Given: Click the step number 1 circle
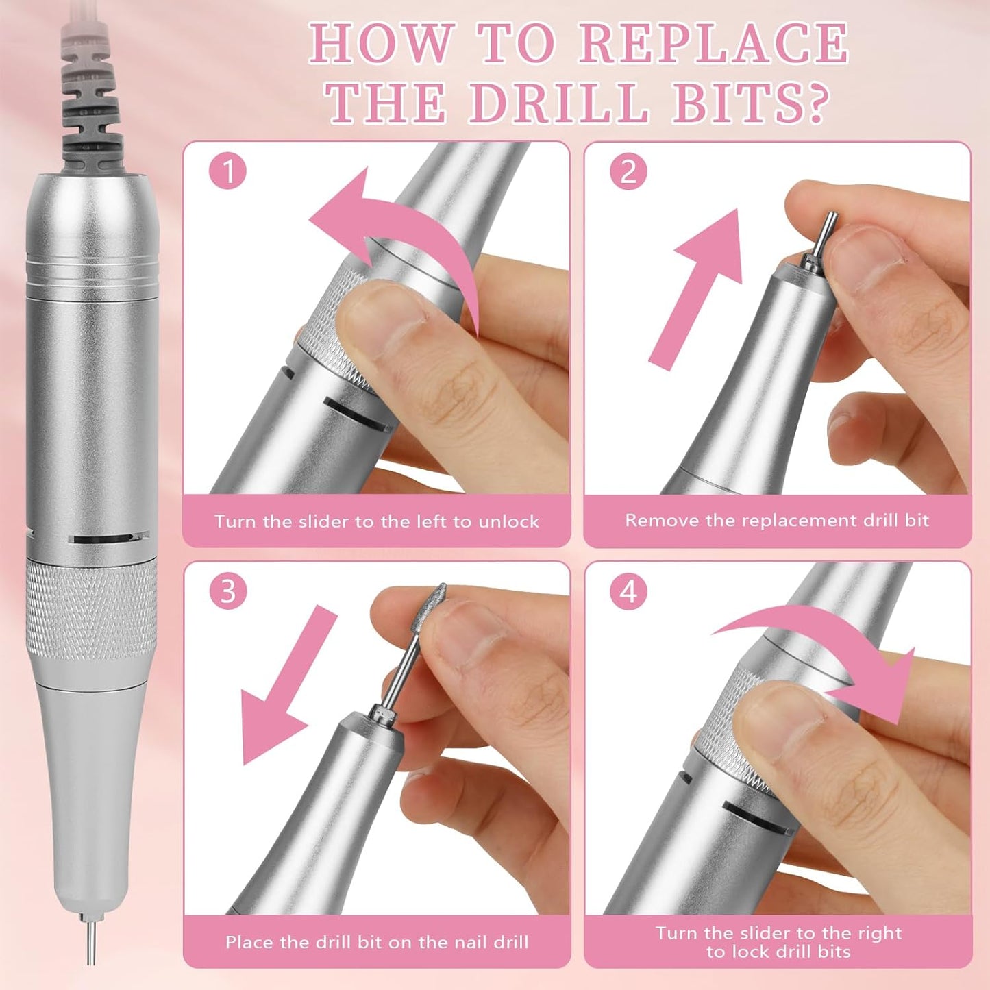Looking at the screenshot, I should (x=227, y=171).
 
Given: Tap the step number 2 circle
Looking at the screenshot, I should (x=628, y=171).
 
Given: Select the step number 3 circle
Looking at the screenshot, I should (x=227, y=591).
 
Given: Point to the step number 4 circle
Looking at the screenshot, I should (x=628, y=591).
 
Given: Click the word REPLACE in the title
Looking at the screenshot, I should (x=714, y=45).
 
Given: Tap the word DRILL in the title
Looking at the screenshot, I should (x=558, y=103).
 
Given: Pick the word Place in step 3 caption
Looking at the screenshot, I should (x=247, y=942).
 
